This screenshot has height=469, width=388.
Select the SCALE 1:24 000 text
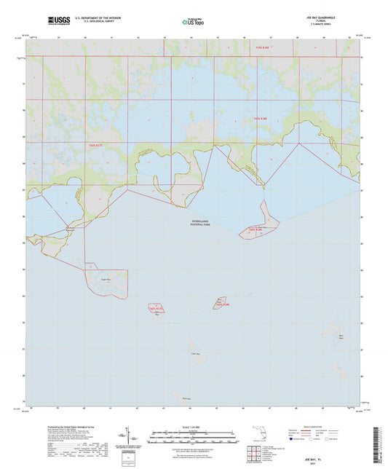(x=194, y=426)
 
